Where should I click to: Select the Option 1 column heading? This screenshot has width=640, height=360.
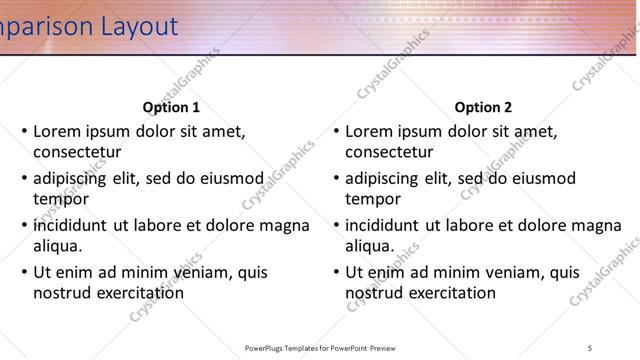[x=171, y=107]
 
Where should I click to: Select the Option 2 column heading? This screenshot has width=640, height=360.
[x=483, y=107]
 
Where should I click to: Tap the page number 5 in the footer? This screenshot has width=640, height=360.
[x=590, y=347]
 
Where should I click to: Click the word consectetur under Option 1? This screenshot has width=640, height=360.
[x=77, y=152]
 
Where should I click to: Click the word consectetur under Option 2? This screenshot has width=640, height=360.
[x=389, y=152]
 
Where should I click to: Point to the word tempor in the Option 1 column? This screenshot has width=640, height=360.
[x=61, y=199]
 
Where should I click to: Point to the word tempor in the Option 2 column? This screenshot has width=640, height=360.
[x=373, y=199]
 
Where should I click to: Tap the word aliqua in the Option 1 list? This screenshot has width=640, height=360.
[x=58, y=246]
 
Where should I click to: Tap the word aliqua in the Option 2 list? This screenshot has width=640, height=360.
[x=370, y=246]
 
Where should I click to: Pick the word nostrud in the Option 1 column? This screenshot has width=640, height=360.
[x=62, y=293]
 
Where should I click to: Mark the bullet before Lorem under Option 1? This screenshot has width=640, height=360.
[x=25, y=131]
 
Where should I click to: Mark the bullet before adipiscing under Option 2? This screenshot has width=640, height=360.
[x=337, y=178]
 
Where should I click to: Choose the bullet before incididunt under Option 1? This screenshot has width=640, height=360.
[x=25, y=225]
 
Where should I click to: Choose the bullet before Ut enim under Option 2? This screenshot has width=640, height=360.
[x=337, y=272]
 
